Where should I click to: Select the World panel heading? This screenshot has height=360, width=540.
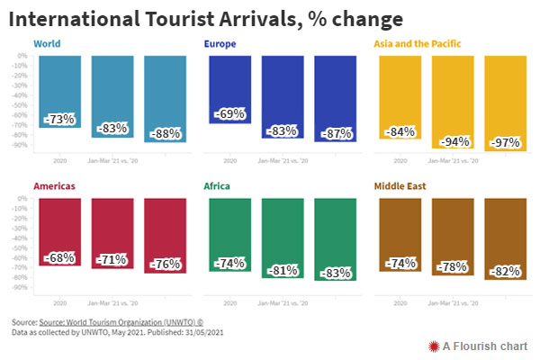click(48, 43)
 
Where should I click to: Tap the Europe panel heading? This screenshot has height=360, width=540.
click(222, 43)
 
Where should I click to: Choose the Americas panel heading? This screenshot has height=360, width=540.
click(54, 186)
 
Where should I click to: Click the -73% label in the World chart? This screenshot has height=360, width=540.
click(60, 118)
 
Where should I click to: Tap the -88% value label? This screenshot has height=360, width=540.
click(165, 133)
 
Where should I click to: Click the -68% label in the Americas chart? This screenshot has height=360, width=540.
click(60, 257)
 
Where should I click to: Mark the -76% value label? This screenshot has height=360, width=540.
click(165, 265)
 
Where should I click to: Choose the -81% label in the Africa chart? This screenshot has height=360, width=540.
click(282, 269)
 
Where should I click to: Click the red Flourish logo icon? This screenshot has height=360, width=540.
click(434, 345)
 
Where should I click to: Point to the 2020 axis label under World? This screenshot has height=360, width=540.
click(60, 161)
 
